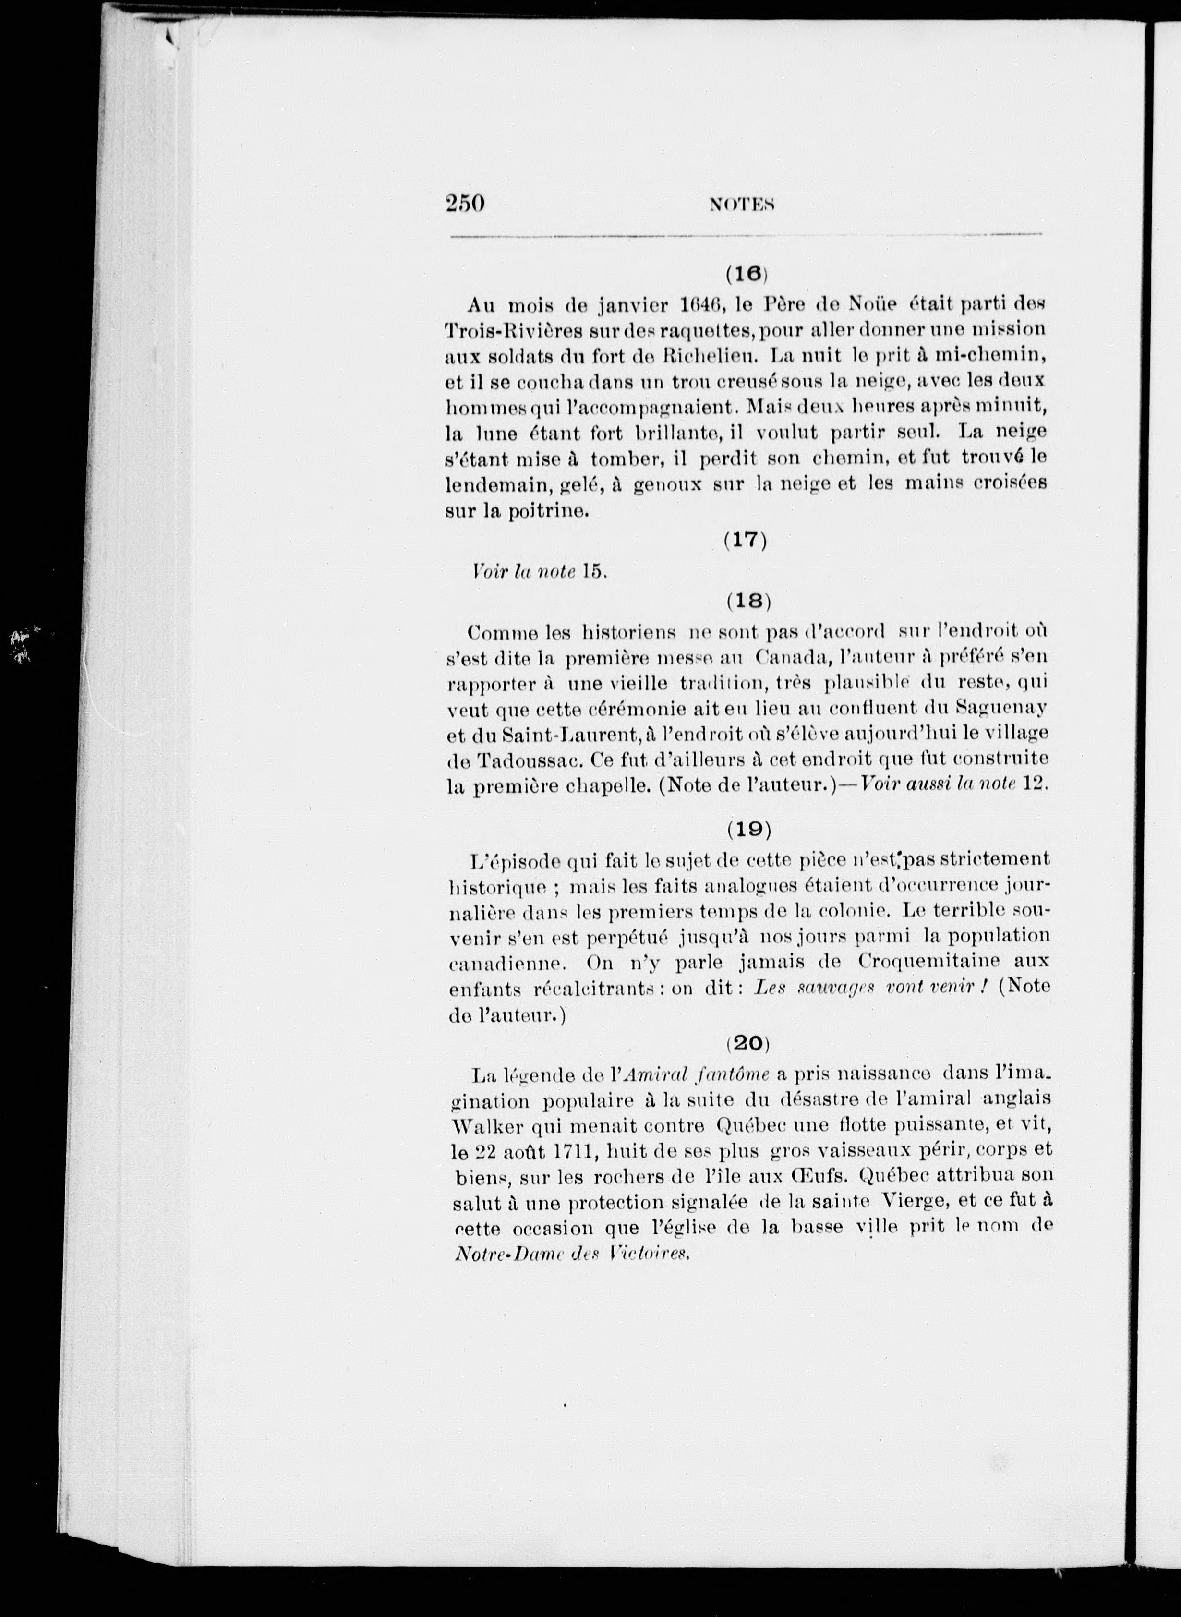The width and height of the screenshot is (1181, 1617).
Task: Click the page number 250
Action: pyautogui.click(x=465, y=204)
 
